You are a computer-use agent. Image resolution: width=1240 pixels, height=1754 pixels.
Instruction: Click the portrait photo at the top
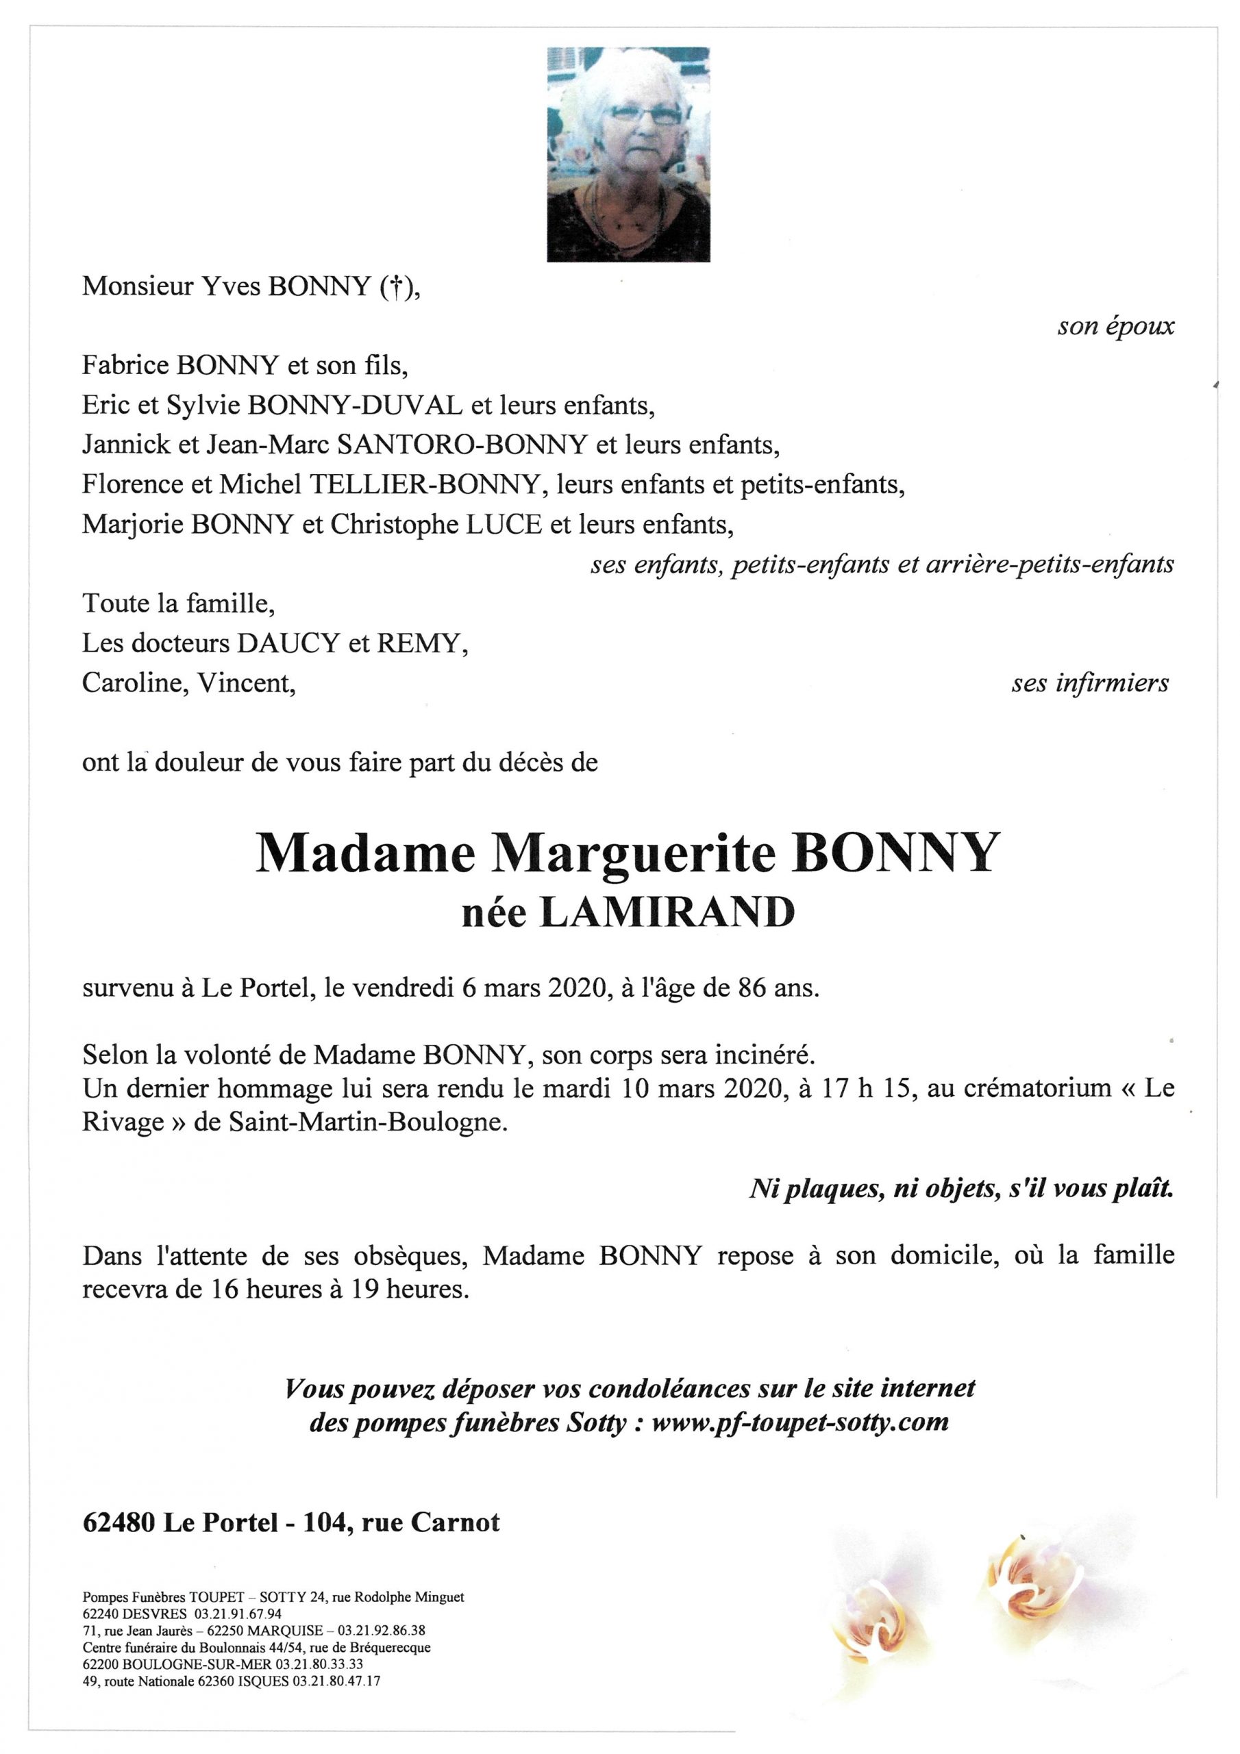628,154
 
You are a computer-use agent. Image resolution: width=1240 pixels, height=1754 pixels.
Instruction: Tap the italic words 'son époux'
1115,327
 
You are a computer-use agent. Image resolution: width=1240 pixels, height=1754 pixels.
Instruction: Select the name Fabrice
126,366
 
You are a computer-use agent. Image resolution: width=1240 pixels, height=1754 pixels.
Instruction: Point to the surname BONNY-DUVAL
356,406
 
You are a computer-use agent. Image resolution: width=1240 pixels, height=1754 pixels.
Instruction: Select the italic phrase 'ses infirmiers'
1090,683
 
